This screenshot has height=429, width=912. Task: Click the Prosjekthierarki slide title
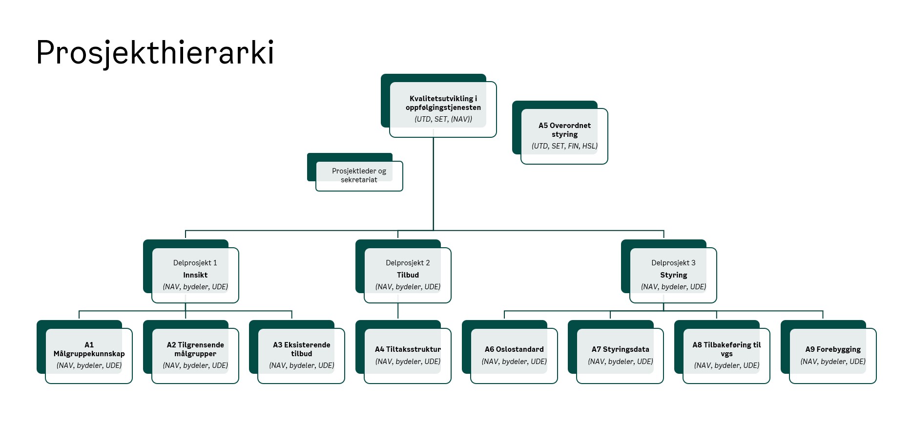click(x=155, y=53)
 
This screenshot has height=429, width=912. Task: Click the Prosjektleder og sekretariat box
click(x=359, y=175)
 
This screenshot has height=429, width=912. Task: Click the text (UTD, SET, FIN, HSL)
click(x=564, y=146)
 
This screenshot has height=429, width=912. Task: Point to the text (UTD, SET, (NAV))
click(x=443, y=119)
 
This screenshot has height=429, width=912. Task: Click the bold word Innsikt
click(x=195, y=275)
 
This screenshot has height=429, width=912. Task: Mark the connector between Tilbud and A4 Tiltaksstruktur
click(x=398, y=311)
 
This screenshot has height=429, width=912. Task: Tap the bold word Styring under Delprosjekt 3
click(x=673, y=275)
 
